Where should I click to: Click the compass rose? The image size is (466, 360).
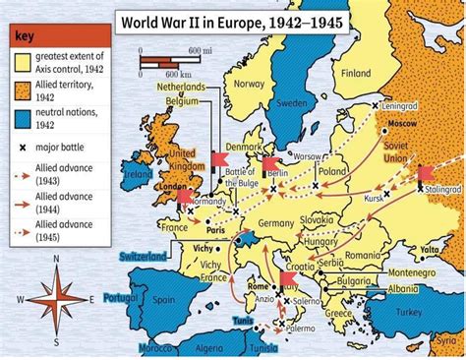point(55,297)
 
